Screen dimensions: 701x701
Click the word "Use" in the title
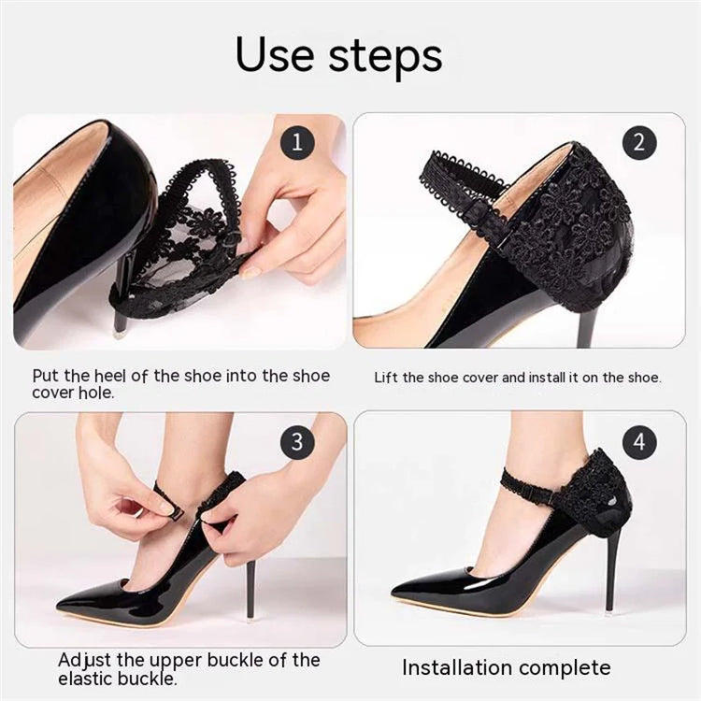point(275,55)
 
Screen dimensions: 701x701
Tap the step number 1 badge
point(297,143)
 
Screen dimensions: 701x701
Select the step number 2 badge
point(639,143)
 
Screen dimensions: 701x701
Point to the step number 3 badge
point(297,442)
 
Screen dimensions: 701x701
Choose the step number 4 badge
point(639,442)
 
